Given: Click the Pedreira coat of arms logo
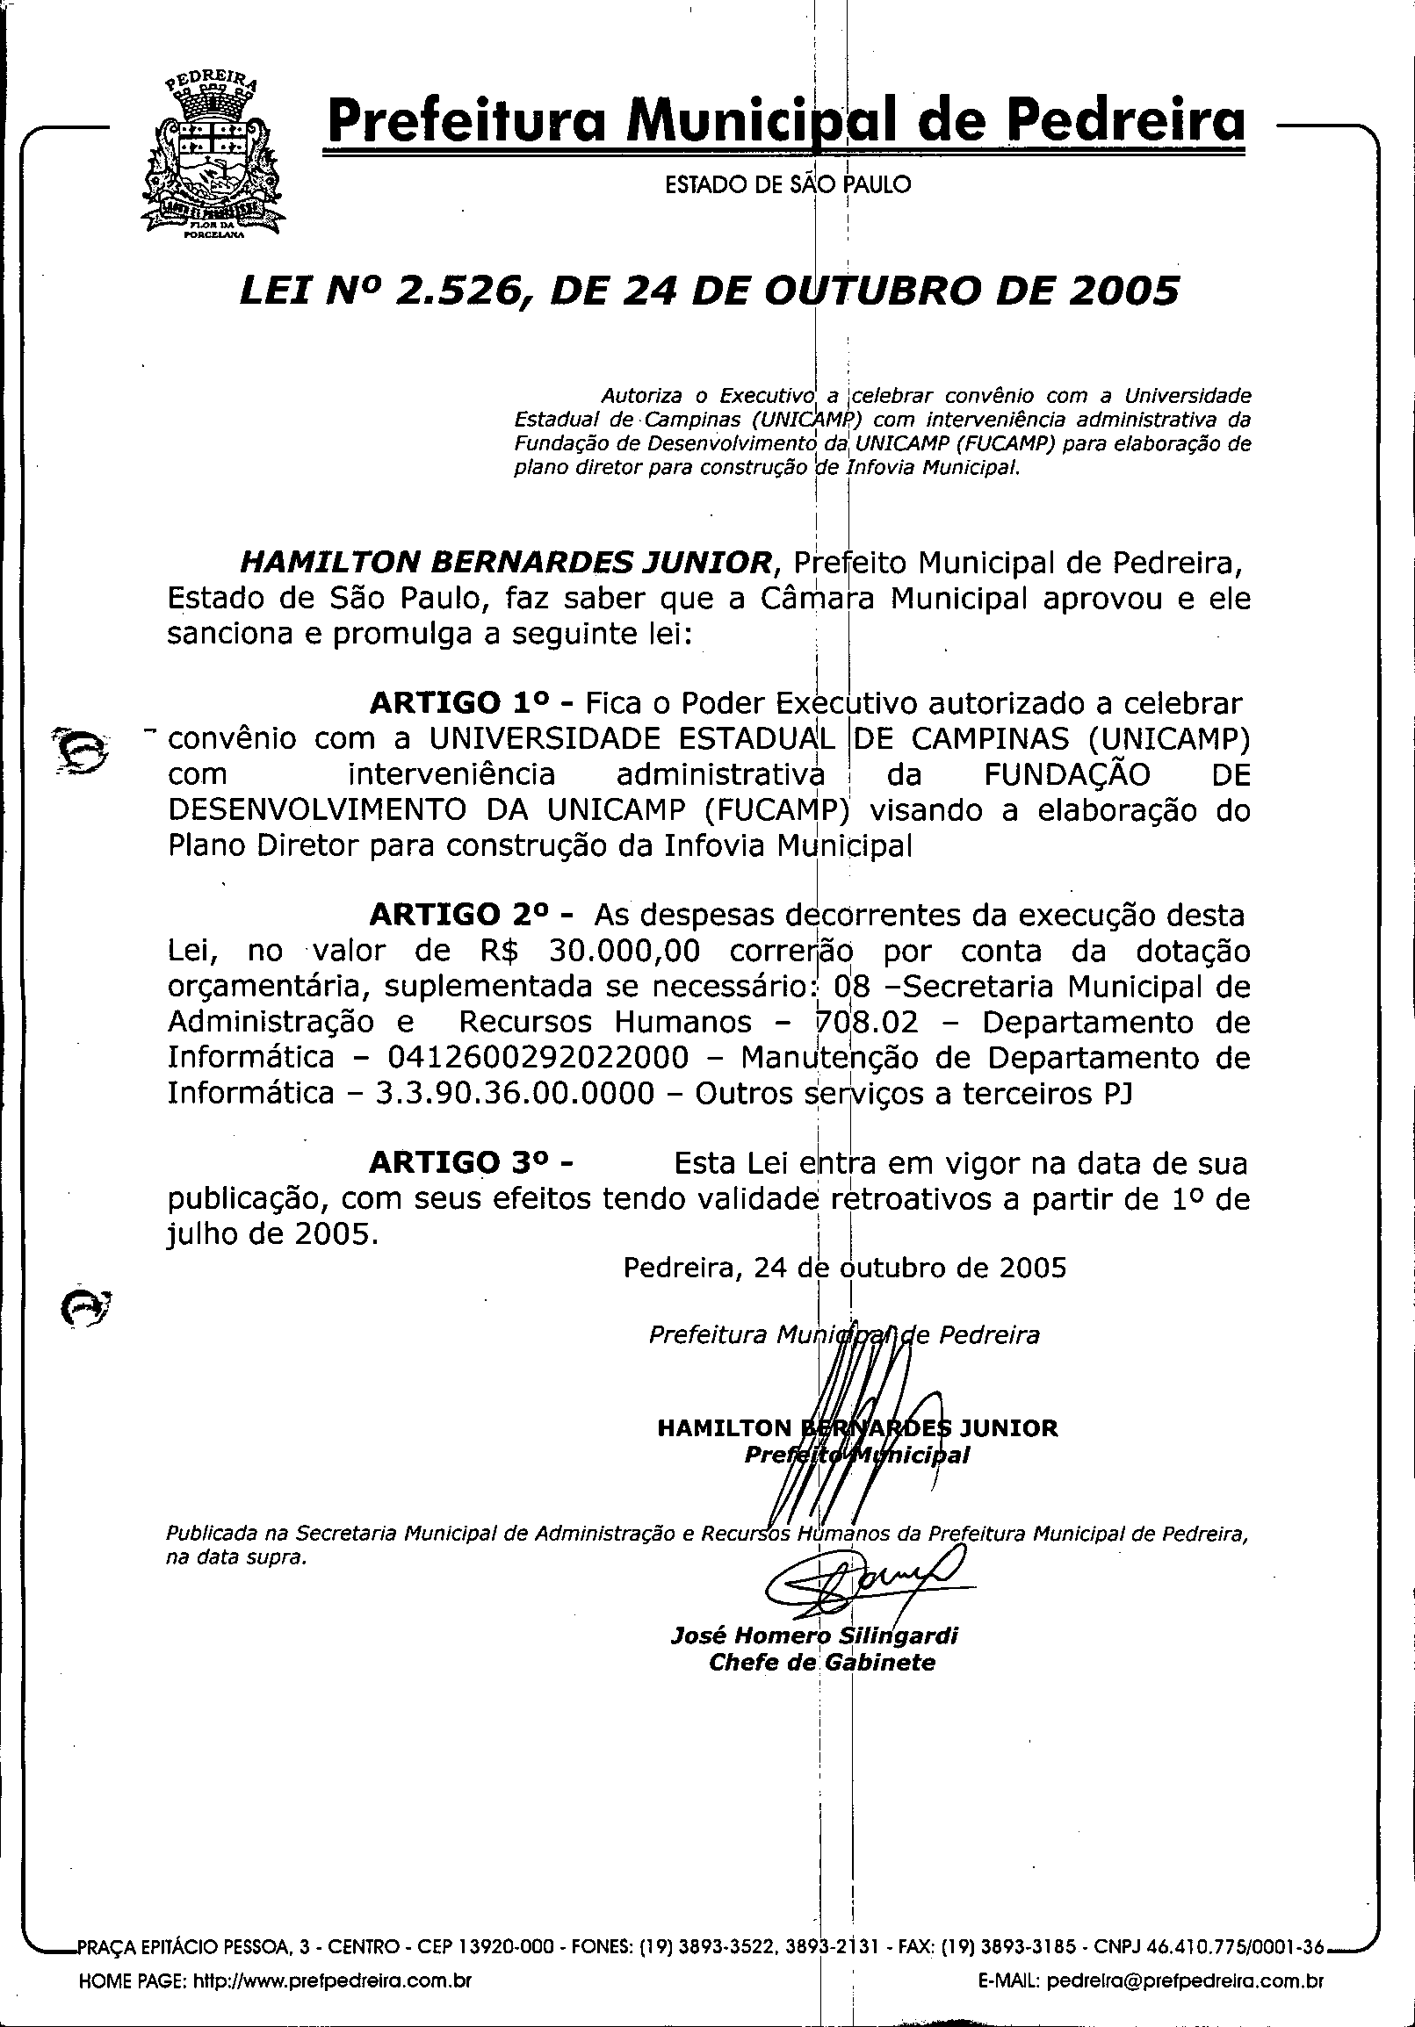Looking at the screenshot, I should click(210, 157).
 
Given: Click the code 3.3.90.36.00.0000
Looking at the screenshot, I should click(515, 1093).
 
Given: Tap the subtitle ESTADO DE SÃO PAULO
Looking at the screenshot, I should click(787, 185).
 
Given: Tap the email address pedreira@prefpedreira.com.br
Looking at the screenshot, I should click(1185, 1997).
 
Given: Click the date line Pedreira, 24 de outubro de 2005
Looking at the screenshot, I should click(844, 1269).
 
